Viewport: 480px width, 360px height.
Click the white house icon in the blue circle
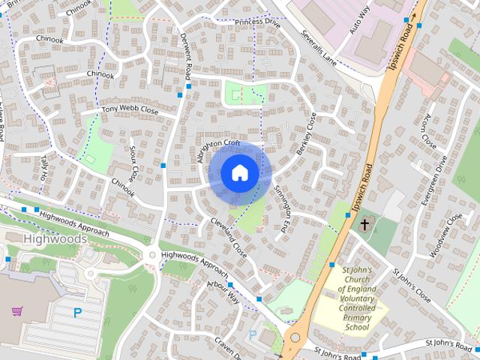239,172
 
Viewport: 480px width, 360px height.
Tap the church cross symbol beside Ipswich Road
364,223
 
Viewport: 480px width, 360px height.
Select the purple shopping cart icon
18,310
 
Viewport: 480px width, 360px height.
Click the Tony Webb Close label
130,109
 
